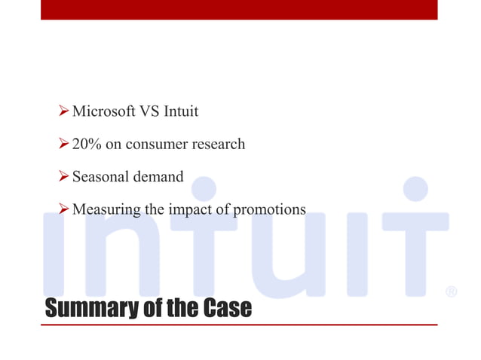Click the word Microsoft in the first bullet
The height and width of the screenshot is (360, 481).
(104, 111)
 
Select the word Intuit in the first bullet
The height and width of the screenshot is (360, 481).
(181, 111)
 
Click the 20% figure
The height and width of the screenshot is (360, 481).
(87, 144)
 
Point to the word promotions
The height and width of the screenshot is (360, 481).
(270, 210)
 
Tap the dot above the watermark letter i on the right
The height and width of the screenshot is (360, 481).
(415, 189)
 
